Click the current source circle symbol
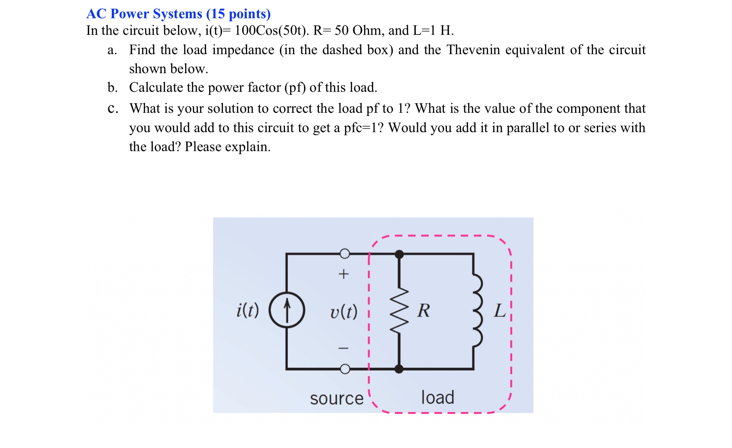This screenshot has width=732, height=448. coord(287,310)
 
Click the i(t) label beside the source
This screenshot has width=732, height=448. coord(247,310)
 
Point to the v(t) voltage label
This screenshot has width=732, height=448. coord(344,311)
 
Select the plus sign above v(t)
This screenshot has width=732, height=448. coord(344,274)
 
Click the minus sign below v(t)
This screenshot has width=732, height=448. coord(344,348)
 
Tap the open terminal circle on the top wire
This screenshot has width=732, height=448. coord(345,253)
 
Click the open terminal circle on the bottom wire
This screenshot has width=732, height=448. coord(345,369)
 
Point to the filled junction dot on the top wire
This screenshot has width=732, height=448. coord(399,254)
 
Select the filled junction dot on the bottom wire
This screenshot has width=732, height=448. coord(399,369)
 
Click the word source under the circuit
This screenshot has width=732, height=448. coord(337,399)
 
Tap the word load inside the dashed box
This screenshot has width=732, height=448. coord(437,397)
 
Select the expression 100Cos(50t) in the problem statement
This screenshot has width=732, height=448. coord(271,30)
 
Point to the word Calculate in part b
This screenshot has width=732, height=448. coord(156,87)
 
